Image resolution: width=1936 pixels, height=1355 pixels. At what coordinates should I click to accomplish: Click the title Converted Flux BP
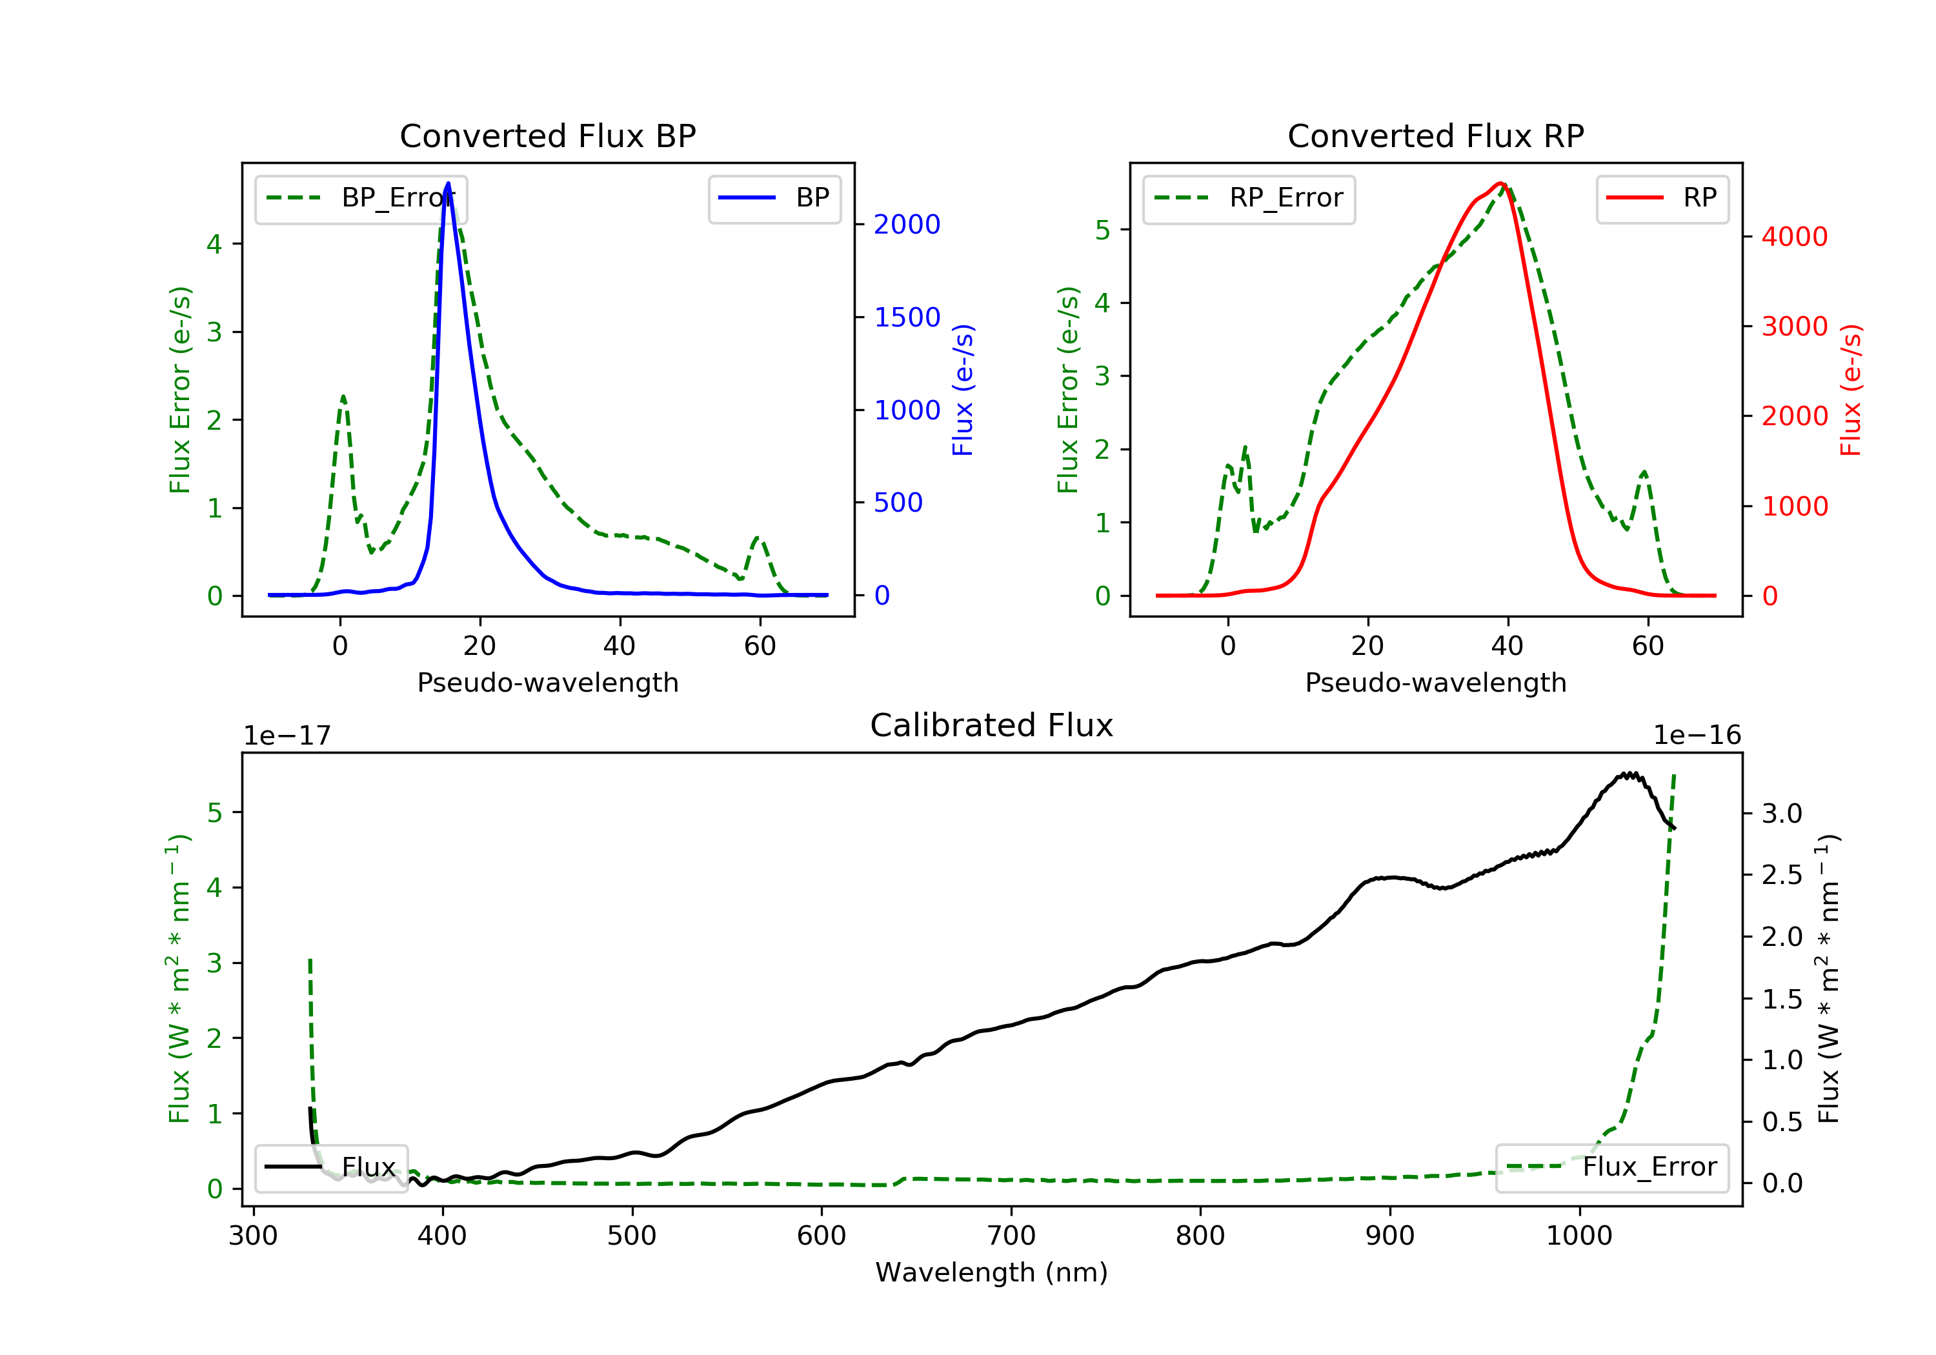tap(548, 135)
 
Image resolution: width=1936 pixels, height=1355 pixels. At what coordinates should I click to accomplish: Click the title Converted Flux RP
tap(1436, 135)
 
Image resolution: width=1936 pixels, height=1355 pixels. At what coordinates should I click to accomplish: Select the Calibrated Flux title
tap(992, 725)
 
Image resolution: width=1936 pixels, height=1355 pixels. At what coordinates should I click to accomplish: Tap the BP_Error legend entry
tap(361, 198)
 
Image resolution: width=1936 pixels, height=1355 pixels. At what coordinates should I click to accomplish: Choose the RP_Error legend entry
tap(1249, 198)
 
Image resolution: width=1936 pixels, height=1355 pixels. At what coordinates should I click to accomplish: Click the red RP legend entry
tap(1662, 198)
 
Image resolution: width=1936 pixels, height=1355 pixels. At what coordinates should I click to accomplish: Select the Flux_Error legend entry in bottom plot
tap(1612, 1167)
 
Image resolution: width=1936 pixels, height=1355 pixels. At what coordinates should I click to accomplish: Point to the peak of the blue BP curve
tap(448, 183)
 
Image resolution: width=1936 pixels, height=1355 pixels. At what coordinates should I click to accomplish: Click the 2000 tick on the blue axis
tap(907, 225)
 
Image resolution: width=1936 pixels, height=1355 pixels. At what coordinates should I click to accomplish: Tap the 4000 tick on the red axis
tap(1794, 237)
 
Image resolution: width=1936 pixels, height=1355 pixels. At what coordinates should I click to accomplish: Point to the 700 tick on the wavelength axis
tap(1011, 1236)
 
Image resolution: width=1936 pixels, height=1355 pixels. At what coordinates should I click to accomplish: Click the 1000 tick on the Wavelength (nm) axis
tap(1579, 1236)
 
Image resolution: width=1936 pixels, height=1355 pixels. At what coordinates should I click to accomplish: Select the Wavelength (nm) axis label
tap(992, 1272)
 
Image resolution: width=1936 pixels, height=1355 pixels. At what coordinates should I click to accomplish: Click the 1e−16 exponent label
tap(1697, 736)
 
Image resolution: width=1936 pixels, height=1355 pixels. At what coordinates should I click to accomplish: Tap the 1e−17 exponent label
tap(287, 736)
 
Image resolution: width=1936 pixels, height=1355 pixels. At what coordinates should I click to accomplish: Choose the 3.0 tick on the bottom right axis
tap(1782, 814)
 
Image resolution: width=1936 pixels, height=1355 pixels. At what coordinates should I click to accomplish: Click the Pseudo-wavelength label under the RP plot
tap(1436, 682)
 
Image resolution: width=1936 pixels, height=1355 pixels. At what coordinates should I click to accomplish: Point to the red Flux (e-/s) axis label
tap(1850, 390)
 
